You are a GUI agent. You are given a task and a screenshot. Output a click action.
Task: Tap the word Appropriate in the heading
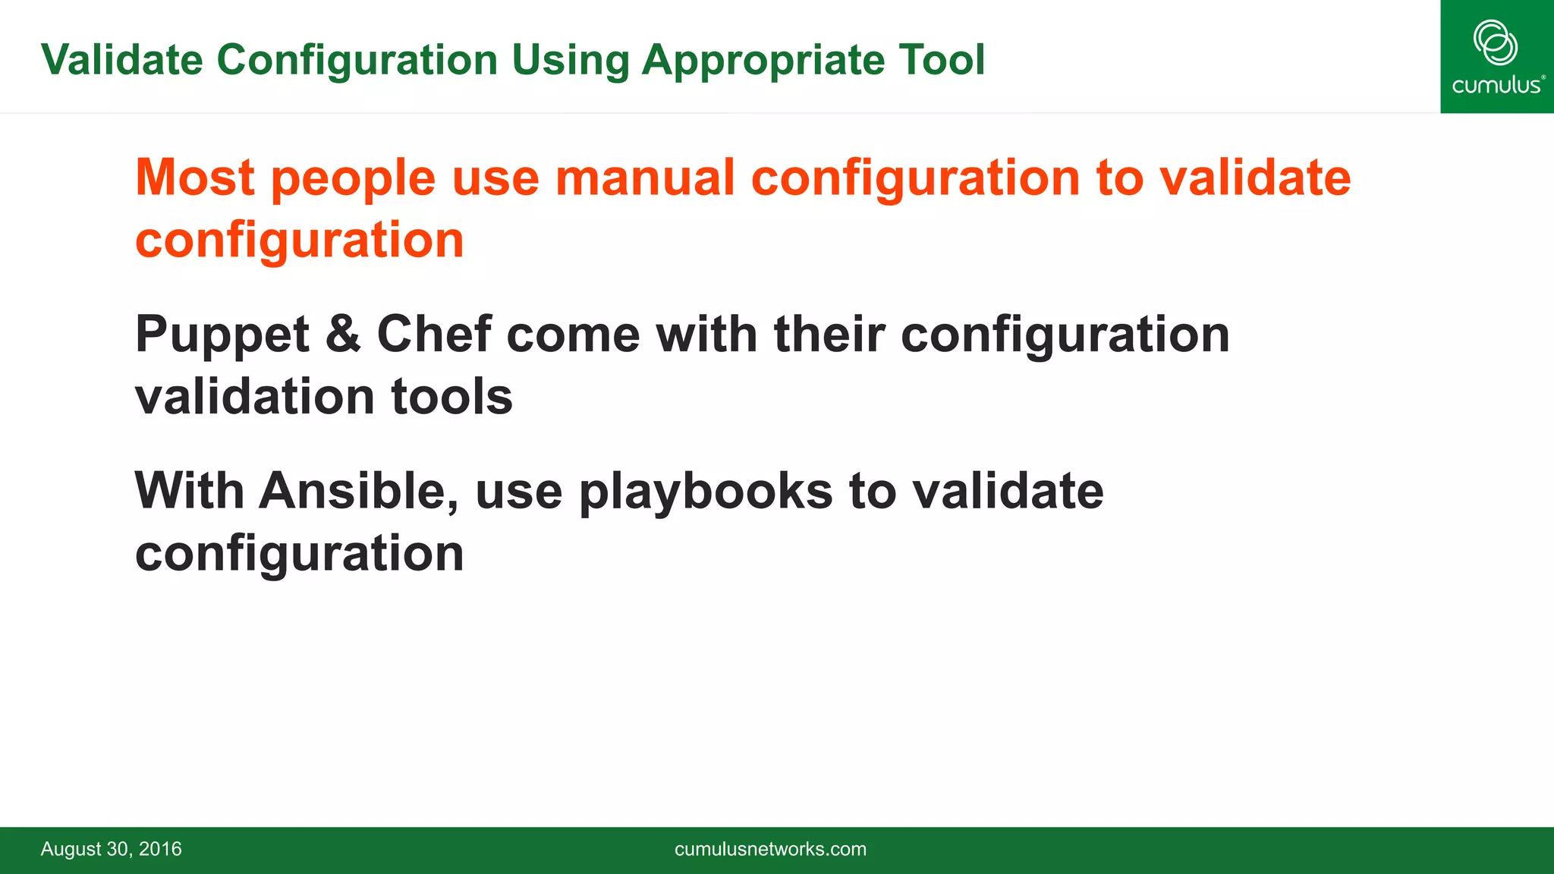[762, 61]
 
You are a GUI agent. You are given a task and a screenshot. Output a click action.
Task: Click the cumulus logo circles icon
[1495, 42]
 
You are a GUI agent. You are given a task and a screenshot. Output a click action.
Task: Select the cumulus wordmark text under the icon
[1496, 85]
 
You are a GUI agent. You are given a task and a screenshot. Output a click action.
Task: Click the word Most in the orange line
[194, 178]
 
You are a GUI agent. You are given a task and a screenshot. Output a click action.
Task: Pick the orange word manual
[645, 178]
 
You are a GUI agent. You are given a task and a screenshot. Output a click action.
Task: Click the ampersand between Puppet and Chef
[343, 334]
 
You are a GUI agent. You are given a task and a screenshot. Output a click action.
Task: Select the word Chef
[433, 334]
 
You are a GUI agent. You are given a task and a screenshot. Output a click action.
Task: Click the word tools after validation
[451, 397]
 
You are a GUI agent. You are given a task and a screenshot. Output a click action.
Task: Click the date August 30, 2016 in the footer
[111, 849]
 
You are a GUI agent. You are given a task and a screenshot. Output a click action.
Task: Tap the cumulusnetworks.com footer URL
[770, 849]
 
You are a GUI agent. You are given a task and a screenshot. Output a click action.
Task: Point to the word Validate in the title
[122, 59]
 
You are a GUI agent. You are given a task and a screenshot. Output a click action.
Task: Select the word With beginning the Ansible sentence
[189, 491]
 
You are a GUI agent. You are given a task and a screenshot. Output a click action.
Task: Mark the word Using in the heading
[570, 61]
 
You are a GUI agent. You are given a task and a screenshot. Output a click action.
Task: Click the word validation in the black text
[254, 397]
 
